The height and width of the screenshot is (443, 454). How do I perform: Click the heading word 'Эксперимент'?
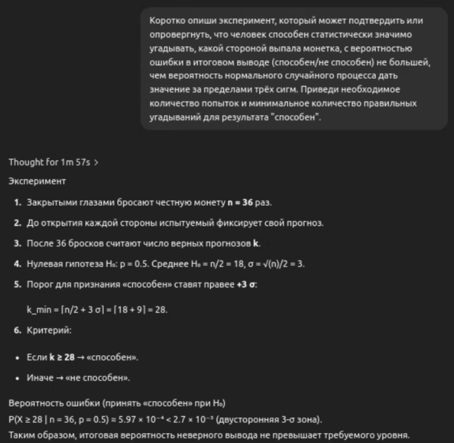pyautogui.click(x=37, y=181)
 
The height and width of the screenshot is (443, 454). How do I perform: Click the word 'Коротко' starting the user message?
pyautogui.click(x=164, y=21)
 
